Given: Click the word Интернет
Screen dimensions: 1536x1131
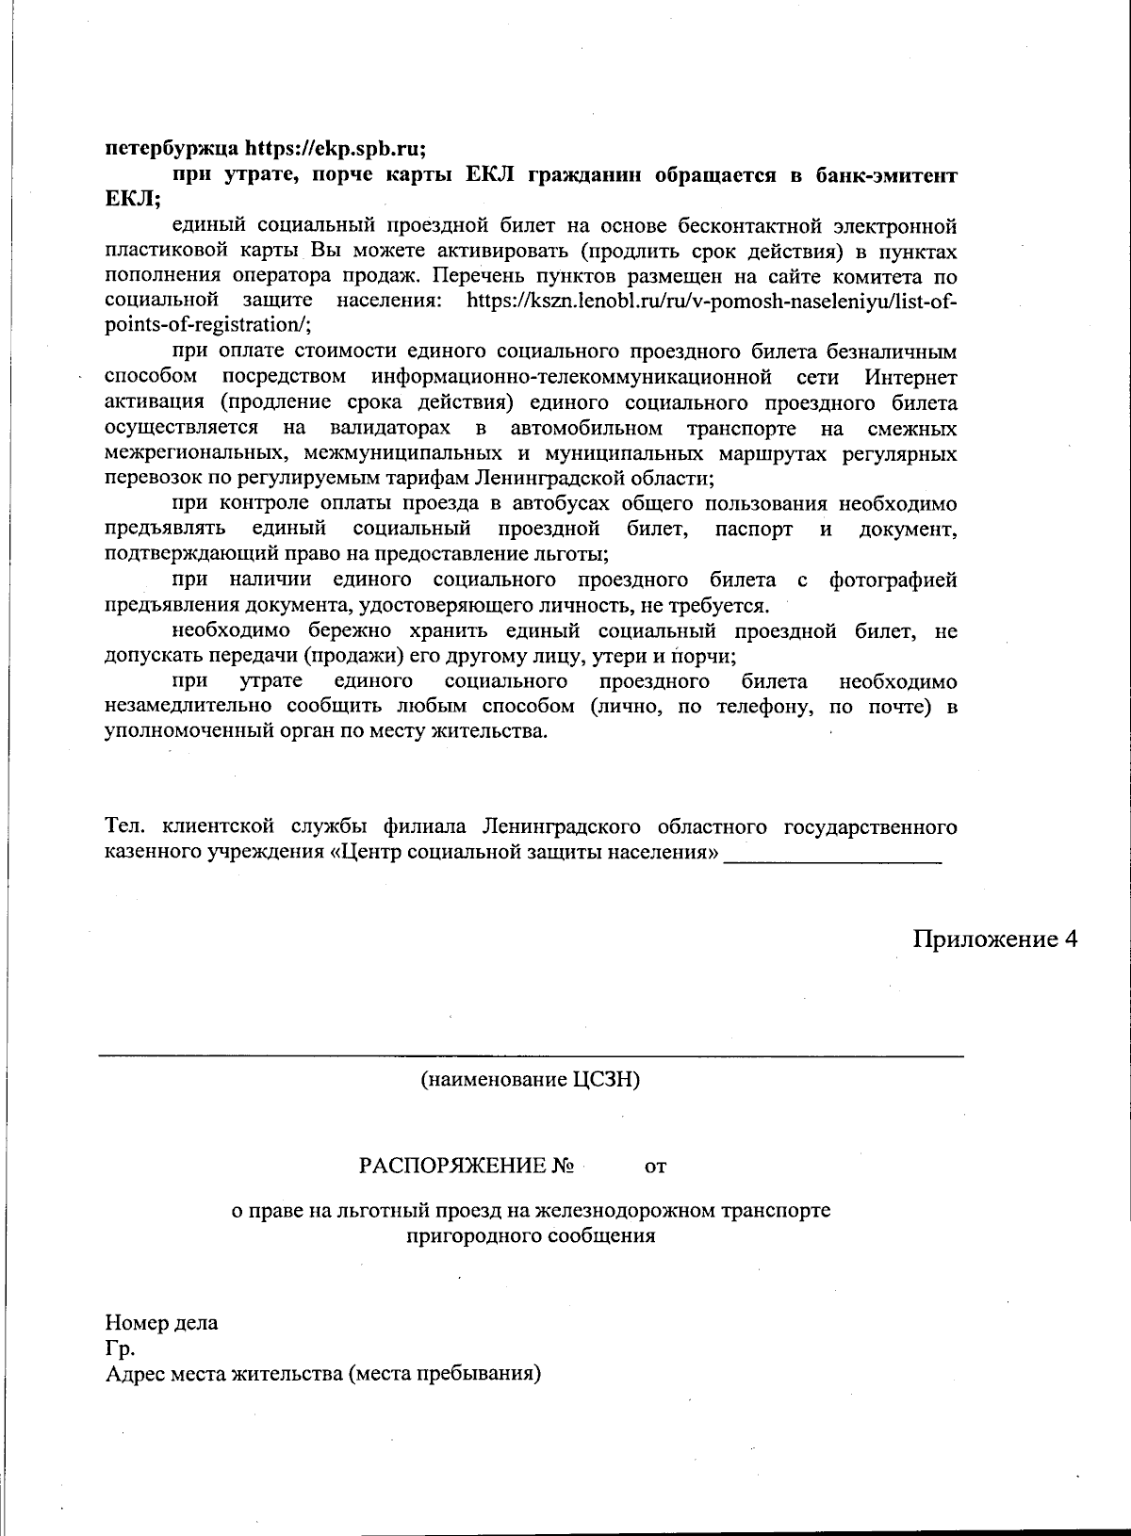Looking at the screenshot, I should (x=910, y=378).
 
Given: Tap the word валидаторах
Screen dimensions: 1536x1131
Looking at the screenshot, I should (x=389, y=429).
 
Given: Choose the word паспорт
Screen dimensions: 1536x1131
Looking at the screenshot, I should (x=754, y=530).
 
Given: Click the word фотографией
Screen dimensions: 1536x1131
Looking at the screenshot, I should (x=893, y=580).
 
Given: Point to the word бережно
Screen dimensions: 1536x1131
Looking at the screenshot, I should (x=352, y=630).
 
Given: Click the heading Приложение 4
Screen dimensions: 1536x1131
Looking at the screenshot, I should (x=993, y=940).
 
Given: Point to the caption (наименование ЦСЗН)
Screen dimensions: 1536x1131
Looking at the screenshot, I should (x=531, y=1080).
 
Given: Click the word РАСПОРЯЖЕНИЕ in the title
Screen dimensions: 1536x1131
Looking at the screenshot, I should (x=452, y=1167).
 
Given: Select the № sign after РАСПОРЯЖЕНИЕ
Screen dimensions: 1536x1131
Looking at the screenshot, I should (x=564, y=1167).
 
